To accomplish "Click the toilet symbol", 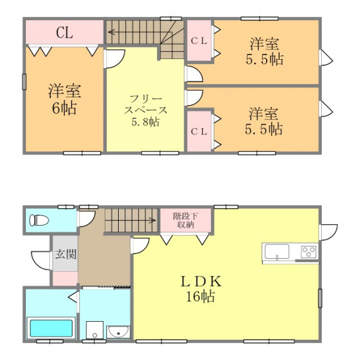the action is [39, 221].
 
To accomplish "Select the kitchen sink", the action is [277, 252].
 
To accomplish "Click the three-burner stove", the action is [309, 251].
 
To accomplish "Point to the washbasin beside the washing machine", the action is [119, 331].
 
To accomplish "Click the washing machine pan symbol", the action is [95, 330].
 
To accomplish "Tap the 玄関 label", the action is [66, 254].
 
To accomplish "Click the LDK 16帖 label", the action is [201, 289].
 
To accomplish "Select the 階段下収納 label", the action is [186, 221].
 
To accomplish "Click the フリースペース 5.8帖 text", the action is [145, 111].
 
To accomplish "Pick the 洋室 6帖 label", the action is [64, 99].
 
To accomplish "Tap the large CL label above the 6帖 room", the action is [64, 32].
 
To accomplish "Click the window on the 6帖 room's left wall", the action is [24, 82].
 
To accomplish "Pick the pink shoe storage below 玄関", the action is [66, 278].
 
